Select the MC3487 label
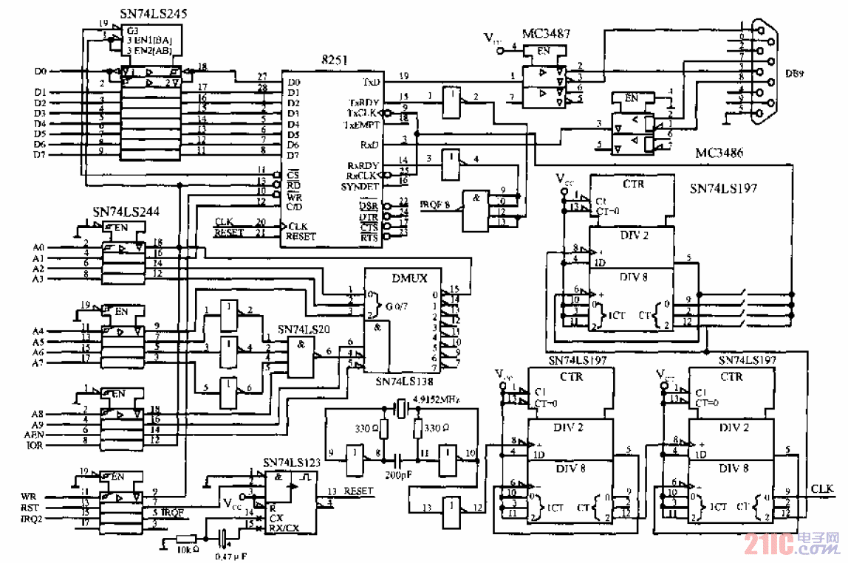546,34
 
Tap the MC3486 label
719,153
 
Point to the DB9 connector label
795,73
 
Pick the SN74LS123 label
292,463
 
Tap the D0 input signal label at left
41,72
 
